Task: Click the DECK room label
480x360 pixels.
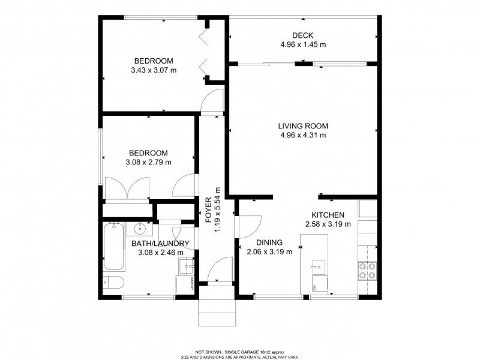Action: click(302, 35)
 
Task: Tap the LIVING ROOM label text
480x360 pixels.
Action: click(303, 126)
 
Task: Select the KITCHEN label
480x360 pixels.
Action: click(328, 215)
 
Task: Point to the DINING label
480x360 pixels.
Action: click(269, 242)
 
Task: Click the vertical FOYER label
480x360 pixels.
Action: click(208, 210)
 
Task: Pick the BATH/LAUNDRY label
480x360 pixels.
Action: click(160, 244)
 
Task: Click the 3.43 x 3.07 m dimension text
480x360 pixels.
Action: click(154, 70)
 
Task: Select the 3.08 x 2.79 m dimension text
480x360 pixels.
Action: click(148, 162)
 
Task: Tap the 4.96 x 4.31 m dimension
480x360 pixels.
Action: click(303, 135)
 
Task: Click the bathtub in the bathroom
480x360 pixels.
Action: click(114, 247)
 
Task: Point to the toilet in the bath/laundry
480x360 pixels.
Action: click(113, 282)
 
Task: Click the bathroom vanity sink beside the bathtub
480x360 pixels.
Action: click(140, 229)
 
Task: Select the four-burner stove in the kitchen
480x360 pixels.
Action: click(367, 271)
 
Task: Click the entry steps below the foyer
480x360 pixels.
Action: click(217, 313)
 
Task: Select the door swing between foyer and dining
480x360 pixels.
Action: click(248, 227)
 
